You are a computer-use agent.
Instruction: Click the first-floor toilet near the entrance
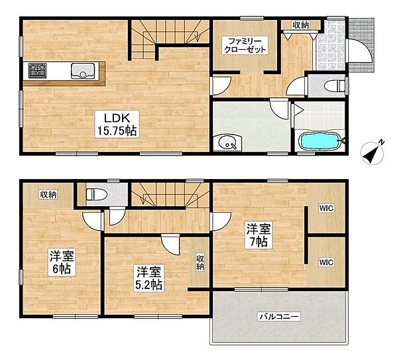coord(335,86)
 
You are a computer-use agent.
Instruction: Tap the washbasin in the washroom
coord(227,142)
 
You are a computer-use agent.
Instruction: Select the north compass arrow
coord(373,153)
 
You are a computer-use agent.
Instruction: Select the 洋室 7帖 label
coord(259,236)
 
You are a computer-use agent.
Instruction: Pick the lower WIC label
coord(326,262)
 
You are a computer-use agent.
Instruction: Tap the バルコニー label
coord(278,317)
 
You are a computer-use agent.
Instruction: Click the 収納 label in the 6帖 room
coord(48,194)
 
